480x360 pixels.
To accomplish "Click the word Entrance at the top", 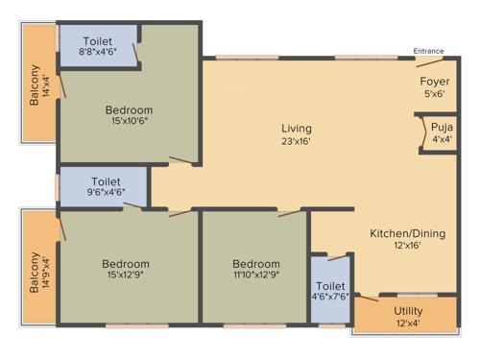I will pyautogui.click(x=428, y=51).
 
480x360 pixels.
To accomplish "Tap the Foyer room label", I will pyautogui.click(x=436, y=83).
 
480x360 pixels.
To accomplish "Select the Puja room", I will pyautogui.click(x=442, y=127).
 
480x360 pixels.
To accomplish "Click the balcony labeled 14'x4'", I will pyautogui.click(x=38, y=84).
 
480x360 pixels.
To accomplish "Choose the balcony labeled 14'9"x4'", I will pyautogui.click(x=38, y=270).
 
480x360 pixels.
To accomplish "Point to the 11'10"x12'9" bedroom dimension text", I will pyautogui.click(x=256, y=276).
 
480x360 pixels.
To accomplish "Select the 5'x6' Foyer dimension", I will pyautogui.click(x=436, y=94).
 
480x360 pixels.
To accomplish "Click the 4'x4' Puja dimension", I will pyautogui.click(x=442, y=138).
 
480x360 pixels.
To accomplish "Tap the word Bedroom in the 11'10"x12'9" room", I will pyautogui.click(x=256, y=264).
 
